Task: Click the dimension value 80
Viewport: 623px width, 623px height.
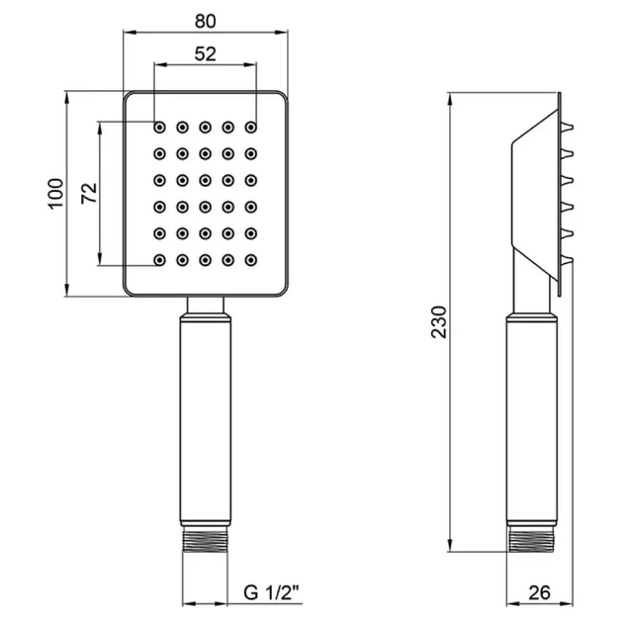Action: (206, 21)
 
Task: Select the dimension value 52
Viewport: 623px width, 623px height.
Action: (206, 53)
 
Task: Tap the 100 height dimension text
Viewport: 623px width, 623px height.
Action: (56, 194)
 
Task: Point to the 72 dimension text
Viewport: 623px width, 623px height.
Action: (89, 194)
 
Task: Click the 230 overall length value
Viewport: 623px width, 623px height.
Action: (439, 321)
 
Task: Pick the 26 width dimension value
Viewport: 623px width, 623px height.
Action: (540, 592)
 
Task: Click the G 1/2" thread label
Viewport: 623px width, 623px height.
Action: (271, 592)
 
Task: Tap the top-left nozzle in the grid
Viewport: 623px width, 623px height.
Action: (160, 128)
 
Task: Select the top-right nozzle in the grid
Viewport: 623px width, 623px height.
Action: (251, 128)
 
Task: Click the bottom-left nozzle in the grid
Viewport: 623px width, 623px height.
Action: (160, 260)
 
